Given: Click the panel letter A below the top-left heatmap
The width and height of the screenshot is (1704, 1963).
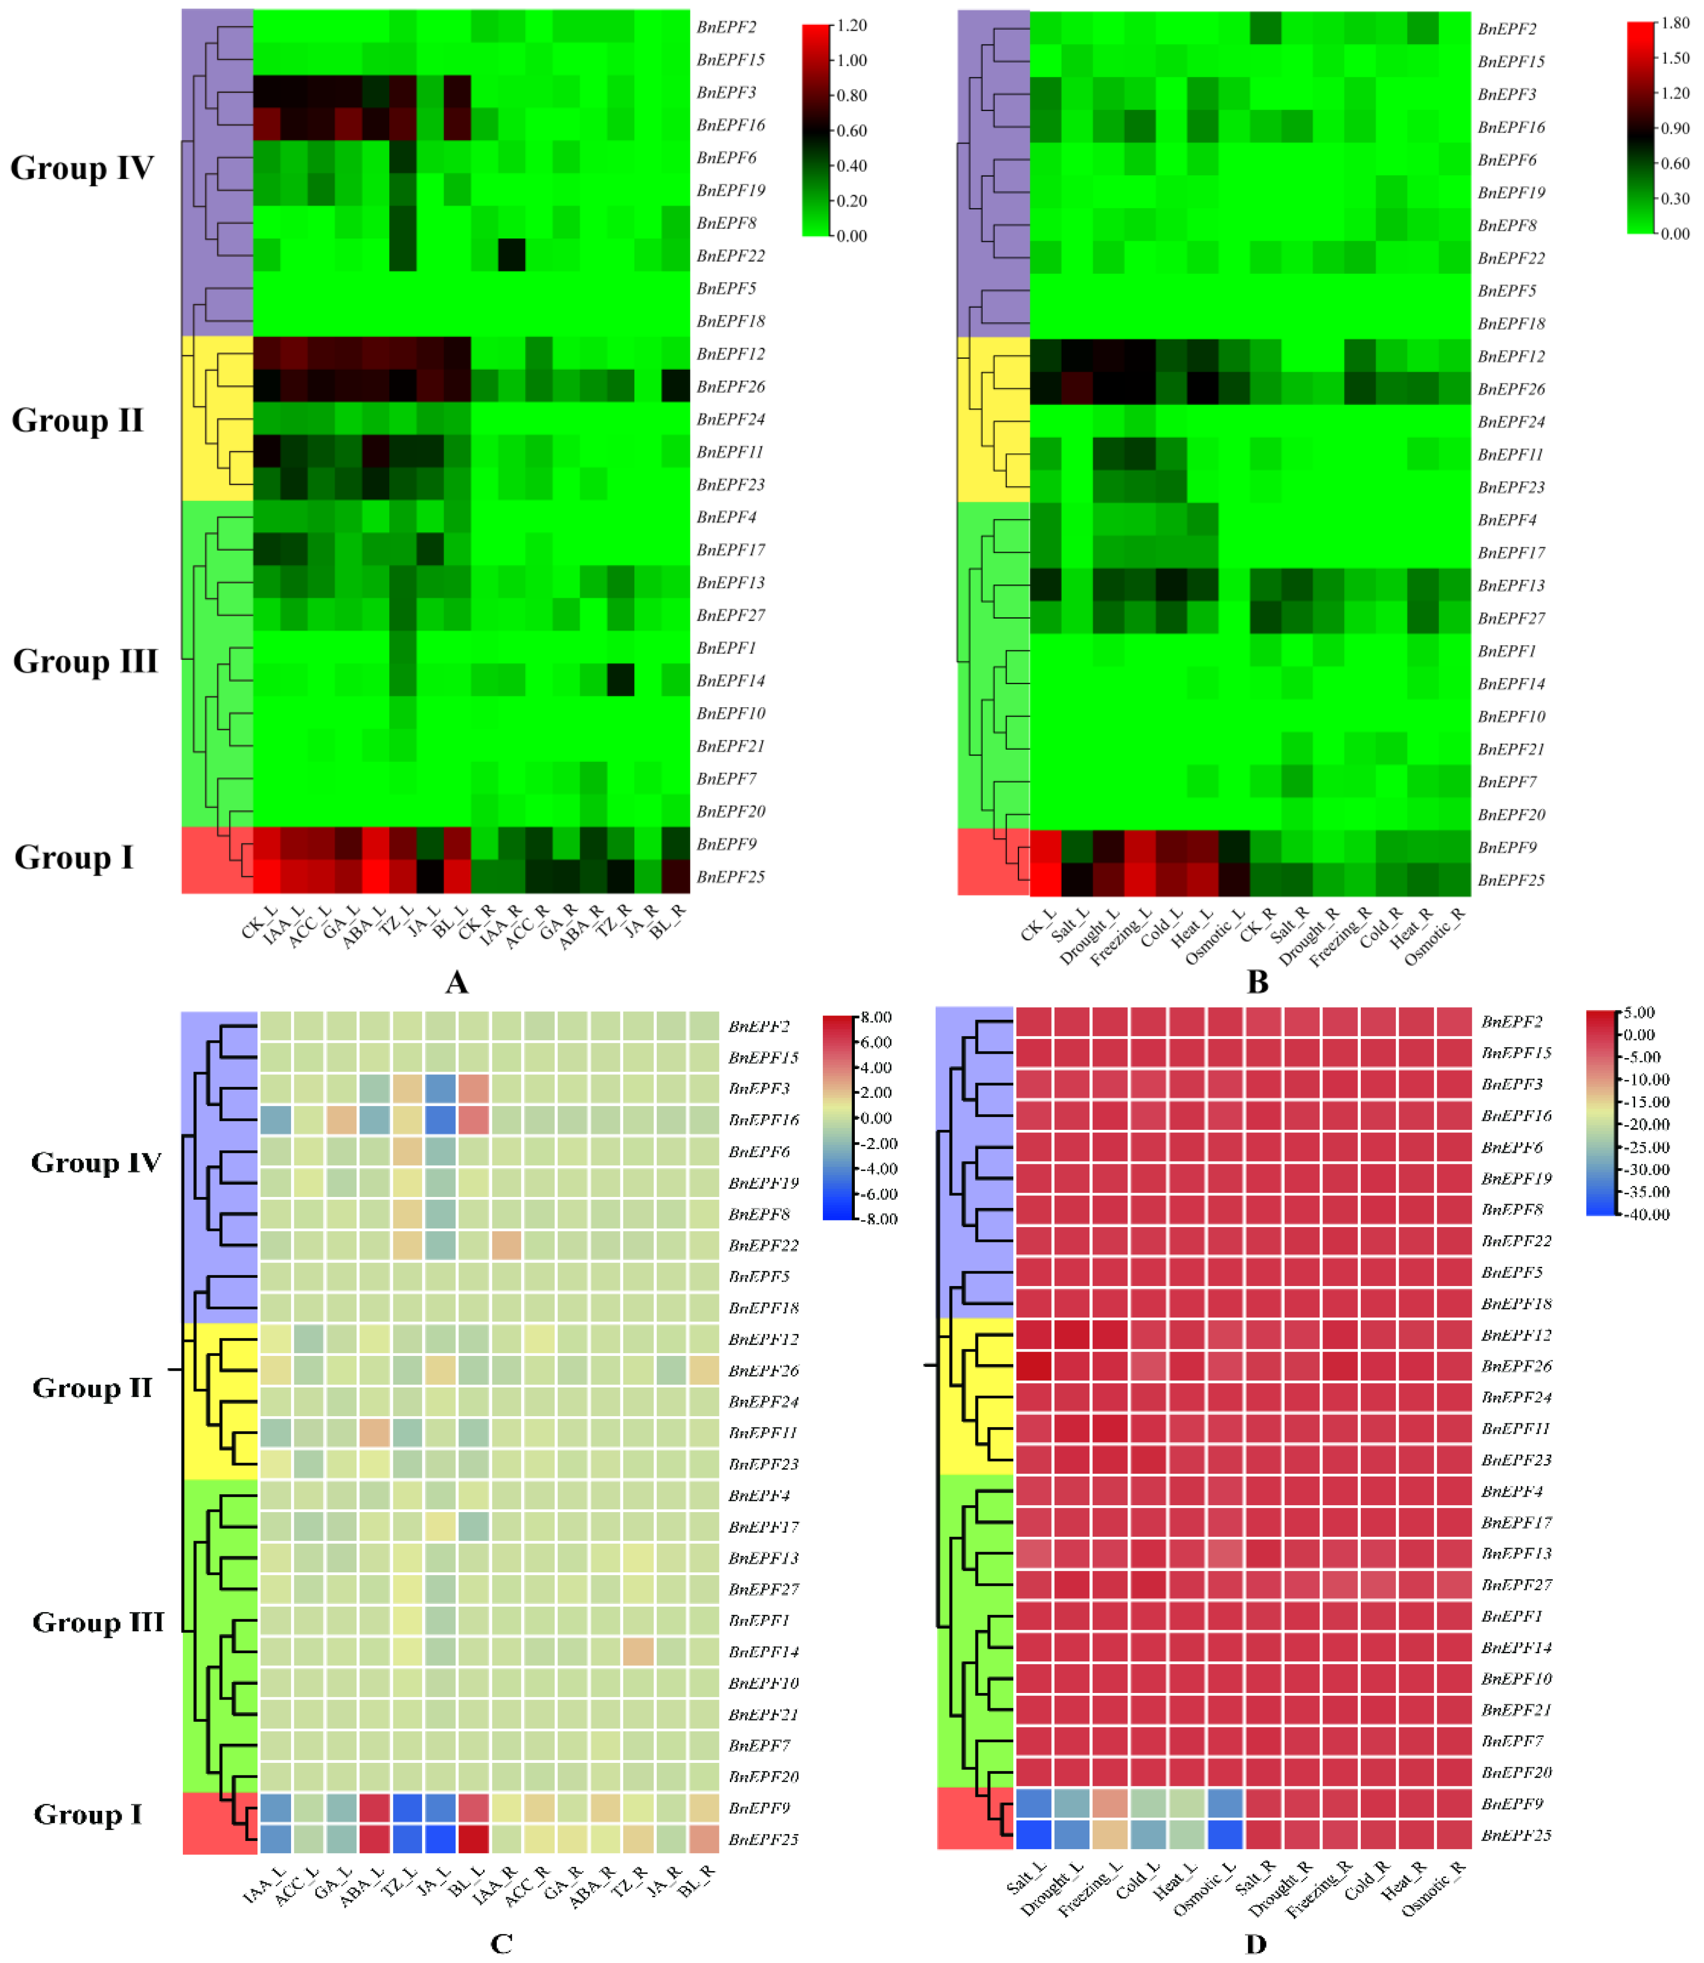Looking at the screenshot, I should [x=457, y=981].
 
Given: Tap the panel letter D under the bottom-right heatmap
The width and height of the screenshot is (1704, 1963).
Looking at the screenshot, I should [x=1256, y=1943].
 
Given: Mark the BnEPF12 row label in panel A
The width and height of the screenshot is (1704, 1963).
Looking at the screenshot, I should [x=730, y=354].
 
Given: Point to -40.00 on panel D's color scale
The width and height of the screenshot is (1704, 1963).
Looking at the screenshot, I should [x=1648, y=1215].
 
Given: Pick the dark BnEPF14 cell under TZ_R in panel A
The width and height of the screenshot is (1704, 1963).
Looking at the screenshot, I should [x=621, y=680].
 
